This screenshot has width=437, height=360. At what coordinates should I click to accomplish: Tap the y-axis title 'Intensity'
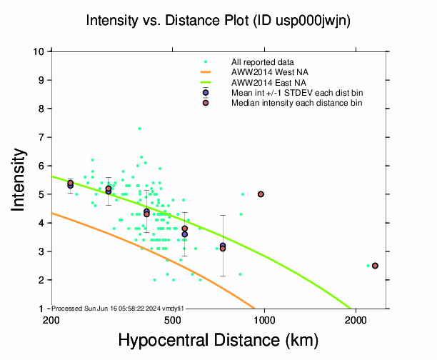click(x=20, y=179)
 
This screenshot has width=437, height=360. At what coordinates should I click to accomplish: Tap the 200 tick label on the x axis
click(x=51, y=320)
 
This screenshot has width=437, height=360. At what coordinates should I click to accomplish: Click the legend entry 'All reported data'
click(x=262, y=62)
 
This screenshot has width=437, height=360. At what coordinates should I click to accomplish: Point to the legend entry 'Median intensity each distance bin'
click(x=296, y=104)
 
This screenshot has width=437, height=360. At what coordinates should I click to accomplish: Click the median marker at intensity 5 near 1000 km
click(x=261, y=194)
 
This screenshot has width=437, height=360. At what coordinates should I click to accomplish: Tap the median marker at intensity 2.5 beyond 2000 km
click(x=375, y=266)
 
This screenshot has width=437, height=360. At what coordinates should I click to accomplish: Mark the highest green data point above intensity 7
click(x=139, y=129)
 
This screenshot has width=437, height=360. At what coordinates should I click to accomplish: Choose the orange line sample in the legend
click(x=206, y=72)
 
